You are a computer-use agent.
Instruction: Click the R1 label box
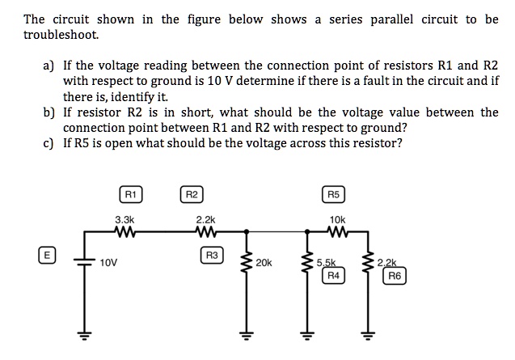point(129,194)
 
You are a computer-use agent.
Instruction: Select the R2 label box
point(191,194)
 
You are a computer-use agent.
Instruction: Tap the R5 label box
point(335,194)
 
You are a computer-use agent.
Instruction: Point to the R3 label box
point(212,256)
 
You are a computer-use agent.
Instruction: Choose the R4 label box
point(332,276)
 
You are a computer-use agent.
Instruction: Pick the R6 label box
point(394,276)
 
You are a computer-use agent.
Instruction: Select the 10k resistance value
point(337,219)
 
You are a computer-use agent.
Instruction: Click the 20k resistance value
point(264,263)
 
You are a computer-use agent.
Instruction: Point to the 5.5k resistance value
point(327,263)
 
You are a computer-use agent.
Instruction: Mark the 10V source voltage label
point(110,263)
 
